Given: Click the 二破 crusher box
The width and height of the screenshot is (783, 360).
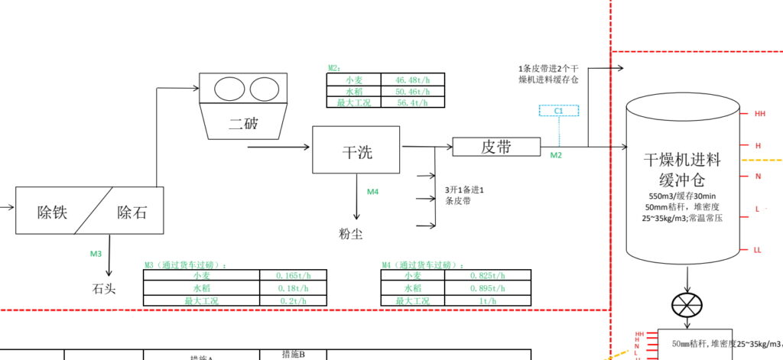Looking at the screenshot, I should click(243, 122).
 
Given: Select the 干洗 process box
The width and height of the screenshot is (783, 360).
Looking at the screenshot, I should click(357, 151).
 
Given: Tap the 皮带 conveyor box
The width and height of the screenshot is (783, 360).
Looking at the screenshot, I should click(496, 147).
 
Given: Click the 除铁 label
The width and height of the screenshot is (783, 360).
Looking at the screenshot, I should click(52, 212).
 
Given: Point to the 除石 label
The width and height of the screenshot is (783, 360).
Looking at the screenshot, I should click(132, 212).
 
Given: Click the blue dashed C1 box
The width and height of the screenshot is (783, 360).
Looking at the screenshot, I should click(559, 111).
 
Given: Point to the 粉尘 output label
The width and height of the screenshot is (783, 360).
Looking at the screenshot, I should click(352, 233).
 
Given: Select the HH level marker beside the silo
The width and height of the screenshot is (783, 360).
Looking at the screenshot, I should click(759, 114).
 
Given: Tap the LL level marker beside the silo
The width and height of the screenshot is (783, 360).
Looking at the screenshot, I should click(758, 250).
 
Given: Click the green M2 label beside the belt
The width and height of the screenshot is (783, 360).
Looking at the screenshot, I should click(556, 155).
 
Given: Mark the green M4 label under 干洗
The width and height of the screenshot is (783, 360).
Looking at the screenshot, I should click(372, 192).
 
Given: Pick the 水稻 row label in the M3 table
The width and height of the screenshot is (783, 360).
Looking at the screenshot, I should click(201, 288).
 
